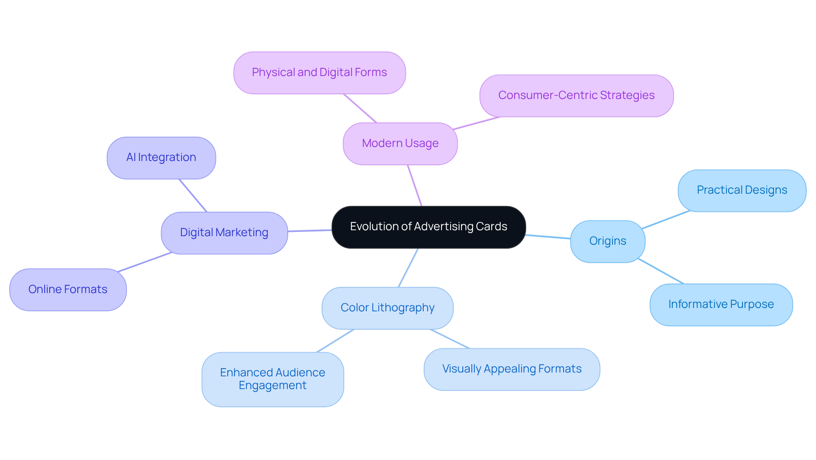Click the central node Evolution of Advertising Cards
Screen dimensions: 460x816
428,227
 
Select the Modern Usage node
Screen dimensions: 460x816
400,144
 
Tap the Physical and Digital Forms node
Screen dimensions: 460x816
319,73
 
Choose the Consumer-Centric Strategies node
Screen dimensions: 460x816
576,96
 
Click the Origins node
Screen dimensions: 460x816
607,241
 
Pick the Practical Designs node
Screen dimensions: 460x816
742,190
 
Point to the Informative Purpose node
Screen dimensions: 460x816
721,305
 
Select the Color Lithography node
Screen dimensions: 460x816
387,308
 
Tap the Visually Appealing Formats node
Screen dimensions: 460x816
511,369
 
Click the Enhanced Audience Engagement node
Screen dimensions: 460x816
272,379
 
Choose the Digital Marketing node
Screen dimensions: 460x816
224,233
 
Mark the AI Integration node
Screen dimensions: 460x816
161,158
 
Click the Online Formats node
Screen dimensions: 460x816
68,290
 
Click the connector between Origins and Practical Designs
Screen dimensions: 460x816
666,220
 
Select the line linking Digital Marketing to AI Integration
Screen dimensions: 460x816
193,195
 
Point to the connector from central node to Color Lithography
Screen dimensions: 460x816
408,268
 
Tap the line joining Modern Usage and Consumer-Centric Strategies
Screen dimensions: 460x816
476,123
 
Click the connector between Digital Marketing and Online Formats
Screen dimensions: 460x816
144,262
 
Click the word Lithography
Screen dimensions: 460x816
403,308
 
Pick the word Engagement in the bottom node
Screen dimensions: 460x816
272,386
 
